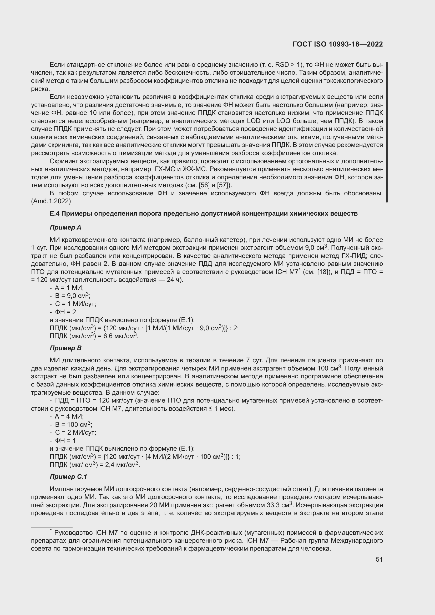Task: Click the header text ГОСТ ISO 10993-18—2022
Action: (x=338, y=44)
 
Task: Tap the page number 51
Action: (x=379, y=559)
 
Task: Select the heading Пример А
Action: (x=65, y=227)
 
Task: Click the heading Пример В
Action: (x=66, y=348)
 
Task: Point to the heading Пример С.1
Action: (x=68, y=476)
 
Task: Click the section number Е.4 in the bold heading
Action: (x=55, y=214)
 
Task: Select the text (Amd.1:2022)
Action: (x=51, y=201)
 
